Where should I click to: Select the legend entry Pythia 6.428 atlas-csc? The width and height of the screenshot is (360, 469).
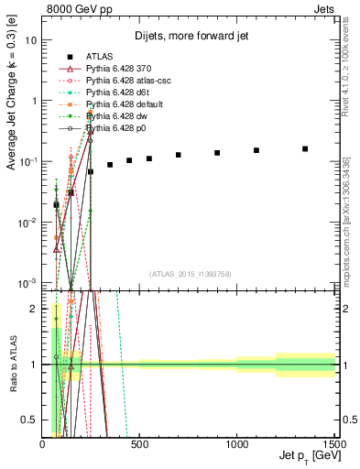pos(123,81)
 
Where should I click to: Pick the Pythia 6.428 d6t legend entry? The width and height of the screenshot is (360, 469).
pos(115,93)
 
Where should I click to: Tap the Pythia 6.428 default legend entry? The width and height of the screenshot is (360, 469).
pos(120,104)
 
